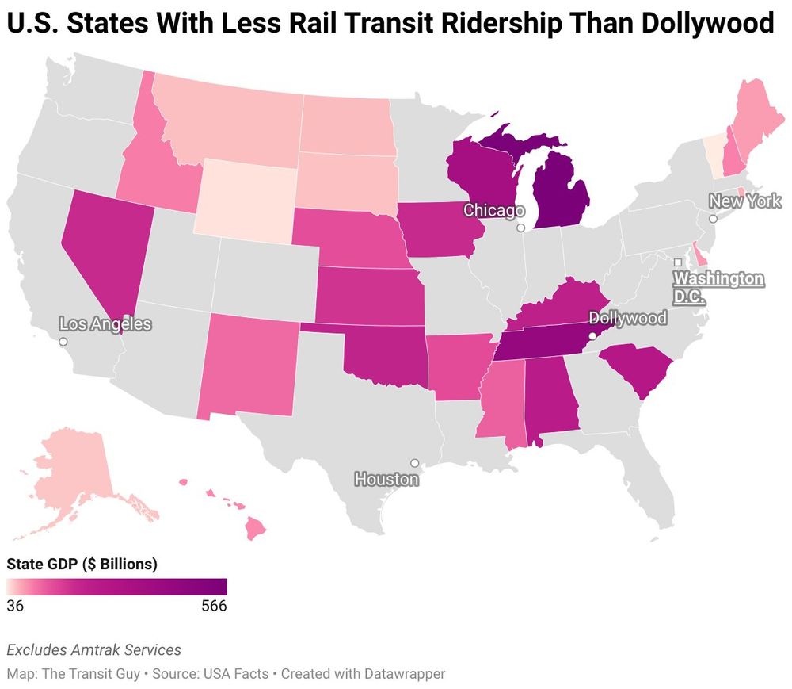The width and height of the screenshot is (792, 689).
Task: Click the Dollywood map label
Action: click(x=628, y=318)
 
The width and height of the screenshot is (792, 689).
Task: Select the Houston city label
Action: click(x=386, y=480)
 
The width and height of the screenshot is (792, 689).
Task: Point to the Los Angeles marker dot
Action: click(x=63, y=342)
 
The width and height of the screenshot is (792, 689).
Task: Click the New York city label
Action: click(x=744, y=201)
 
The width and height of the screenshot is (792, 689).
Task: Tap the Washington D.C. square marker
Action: click(x=678, y=262)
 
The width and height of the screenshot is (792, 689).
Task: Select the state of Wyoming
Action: click(x=247, y=195)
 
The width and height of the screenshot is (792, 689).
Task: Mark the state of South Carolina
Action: click(x=636, y=369)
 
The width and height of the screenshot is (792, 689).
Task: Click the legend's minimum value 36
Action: click(x=15, y=606)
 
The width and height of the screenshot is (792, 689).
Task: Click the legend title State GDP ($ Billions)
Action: click(x=82, y=565)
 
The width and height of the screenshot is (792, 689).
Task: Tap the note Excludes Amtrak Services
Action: click(x=93, y=650)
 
